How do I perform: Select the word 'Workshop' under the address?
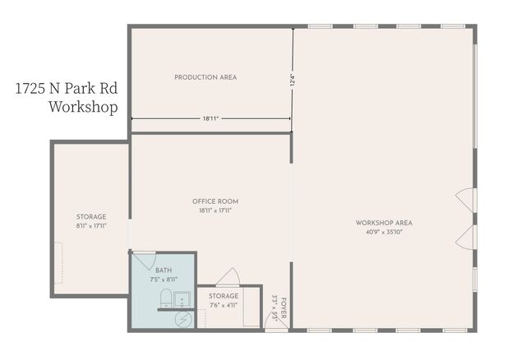83,107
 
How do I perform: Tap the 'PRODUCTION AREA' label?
205,77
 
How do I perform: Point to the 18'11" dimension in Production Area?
211,118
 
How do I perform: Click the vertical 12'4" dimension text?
293,83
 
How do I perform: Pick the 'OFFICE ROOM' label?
215,201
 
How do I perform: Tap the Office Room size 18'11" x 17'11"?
215,210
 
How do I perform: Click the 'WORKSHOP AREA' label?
384,223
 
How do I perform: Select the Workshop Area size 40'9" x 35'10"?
384,232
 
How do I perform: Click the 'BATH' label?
164,270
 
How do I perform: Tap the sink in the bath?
182,296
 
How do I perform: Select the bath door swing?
143,261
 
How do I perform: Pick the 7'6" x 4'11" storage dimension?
224,305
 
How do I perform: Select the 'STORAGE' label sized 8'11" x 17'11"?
91,217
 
